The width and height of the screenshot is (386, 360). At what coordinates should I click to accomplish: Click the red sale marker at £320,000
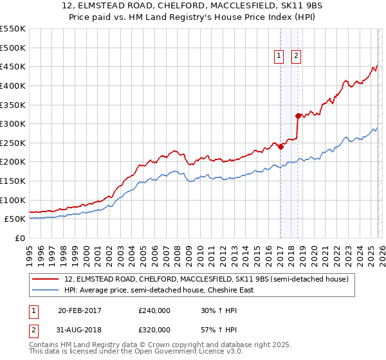click(298, 116)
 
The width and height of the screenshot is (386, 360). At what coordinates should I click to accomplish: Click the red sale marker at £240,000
click(280, 147)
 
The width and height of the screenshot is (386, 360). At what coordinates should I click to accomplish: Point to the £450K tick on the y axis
click(13, 66)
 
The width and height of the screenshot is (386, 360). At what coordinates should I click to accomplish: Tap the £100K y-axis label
click(13, 200)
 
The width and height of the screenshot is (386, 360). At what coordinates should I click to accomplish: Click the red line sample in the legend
click(46, 280)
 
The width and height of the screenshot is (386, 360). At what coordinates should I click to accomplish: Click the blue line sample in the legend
click(46, 291)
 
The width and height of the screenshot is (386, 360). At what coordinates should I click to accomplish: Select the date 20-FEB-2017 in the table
click(80, 310)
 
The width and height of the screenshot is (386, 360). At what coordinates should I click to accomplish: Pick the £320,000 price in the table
click(154, 330)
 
